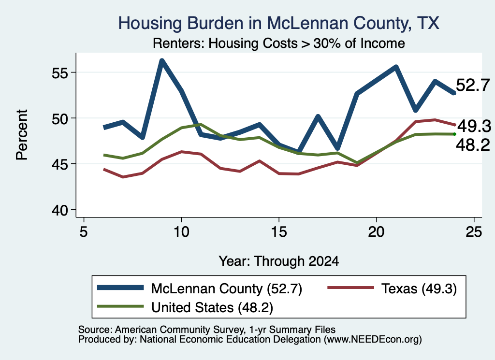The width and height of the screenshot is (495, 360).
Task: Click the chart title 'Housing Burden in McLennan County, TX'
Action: (x=278, y=23)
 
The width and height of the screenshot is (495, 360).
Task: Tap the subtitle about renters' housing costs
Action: (x=279, y=43)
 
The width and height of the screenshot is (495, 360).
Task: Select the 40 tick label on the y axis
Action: (x=60, y=210)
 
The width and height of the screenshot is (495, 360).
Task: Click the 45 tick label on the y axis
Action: (x=60, y=164)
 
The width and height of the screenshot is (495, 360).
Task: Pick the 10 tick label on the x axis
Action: (x=181, y=232)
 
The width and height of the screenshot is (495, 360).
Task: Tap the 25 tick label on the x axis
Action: (x=474, y=232)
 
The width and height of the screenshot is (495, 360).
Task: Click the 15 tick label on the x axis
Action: (x=279, y=232)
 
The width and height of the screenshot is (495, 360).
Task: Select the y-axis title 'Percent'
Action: (x=22, y=135)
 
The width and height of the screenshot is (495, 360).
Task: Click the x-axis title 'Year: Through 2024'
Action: (x=279, y=261)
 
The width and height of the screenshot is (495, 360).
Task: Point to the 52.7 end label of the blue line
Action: (x=473, y=85)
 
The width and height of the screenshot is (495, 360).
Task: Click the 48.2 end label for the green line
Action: (x=473, y=145)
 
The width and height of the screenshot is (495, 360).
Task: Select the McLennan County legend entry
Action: (x=200, y=288)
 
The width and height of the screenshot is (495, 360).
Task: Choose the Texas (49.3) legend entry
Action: (x=392, y=288)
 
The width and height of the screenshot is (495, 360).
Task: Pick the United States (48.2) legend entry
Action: (x=185, y=307)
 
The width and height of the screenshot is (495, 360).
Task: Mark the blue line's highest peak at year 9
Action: (x=162, y=60)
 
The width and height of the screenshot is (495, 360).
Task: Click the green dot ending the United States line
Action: (x=454, y=134)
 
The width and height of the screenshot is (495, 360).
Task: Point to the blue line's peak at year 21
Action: (x=396, y=67)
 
